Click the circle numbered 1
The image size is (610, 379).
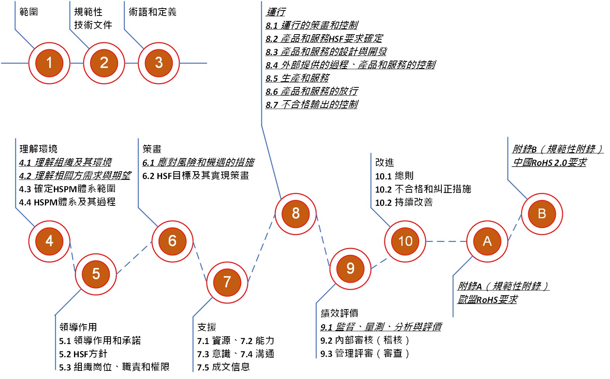pyautogui.click(x=49, y=63)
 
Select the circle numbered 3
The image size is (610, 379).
pyautogui.click(x=159, y=63)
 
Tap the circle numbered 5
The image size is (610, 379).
pyautogui.click(x=96, y=274)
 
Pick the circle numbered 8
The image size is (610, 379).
pyautogui.click(x=295, y=213)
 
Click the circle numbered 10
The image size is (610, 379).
pyautogui.click(x=405, y=241)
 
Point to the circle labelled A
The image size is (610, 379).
pyautogui.click(x=487, y=241)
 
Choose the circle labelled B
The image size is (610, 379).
pyautogui.click(x=542, y=214)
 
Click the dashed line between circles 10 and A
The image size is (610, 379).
pyautogui.click(x=446, y=241)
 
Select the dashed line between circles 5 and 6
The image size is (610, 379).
pyautogui.click(x=134, y=257)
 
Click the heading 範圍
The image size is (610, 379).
pyautogui.click(x=29, y=12)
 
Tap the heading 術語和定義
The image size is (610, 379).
pyautogui.click(x=152, y=12)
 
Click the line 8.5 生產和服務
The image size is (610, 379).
pyautogui.click(x=297, y=78)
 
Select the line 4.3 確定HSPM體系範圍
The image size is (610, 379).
pyautogui.click(x=67, y=189)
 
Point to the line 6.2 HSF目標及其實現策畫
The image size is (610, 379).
pyautogui.click(x=195, y=176)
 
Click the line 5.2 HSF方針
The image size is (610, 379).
pyautogui.click(x=83, y=354)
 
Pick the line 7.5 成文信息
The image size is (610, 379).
pyautogui.click(x=223, y=367)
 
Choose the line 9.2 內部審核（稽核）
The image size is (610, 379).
pyautogui.click(x=365, y=340)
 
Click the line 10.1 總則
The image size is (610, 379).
pyautogui.click(x=394, y=176)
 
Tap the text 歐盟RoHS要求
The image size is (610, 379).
pyautogui.click(x=487, y=299)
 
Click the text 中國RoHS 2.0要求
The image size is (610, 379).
pyautogui.click(x=549, y=162)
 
